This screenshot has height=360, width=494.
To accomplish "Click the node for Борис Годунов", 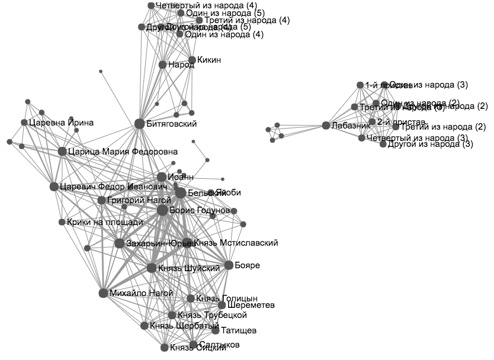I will pyautogui.click(x=162, y=210).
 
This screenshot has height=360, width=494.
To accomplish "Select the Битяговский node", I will pyautogui.click(x=139, y=124).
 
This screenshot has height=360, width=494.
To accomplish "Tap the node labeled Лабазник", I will pyautogui.click(x=325, y=126).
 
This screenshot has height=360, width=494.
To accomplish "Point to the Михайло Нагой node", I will pyautogui.click(x=103, y=293).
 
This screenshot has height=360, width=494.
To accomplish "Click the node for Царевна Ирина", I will pyautogui.click(x=24, y=123).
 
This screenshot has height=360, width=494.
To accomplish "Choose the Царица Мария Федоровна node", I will pyautogui.click(x=62, y=152).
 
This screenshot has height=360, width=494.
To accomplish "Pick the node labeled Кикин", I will pyautogui.click(x=192, y=60).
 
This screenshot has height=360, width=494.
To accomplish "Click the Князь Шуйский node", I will pyautogui.click(x=152, y=268).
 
